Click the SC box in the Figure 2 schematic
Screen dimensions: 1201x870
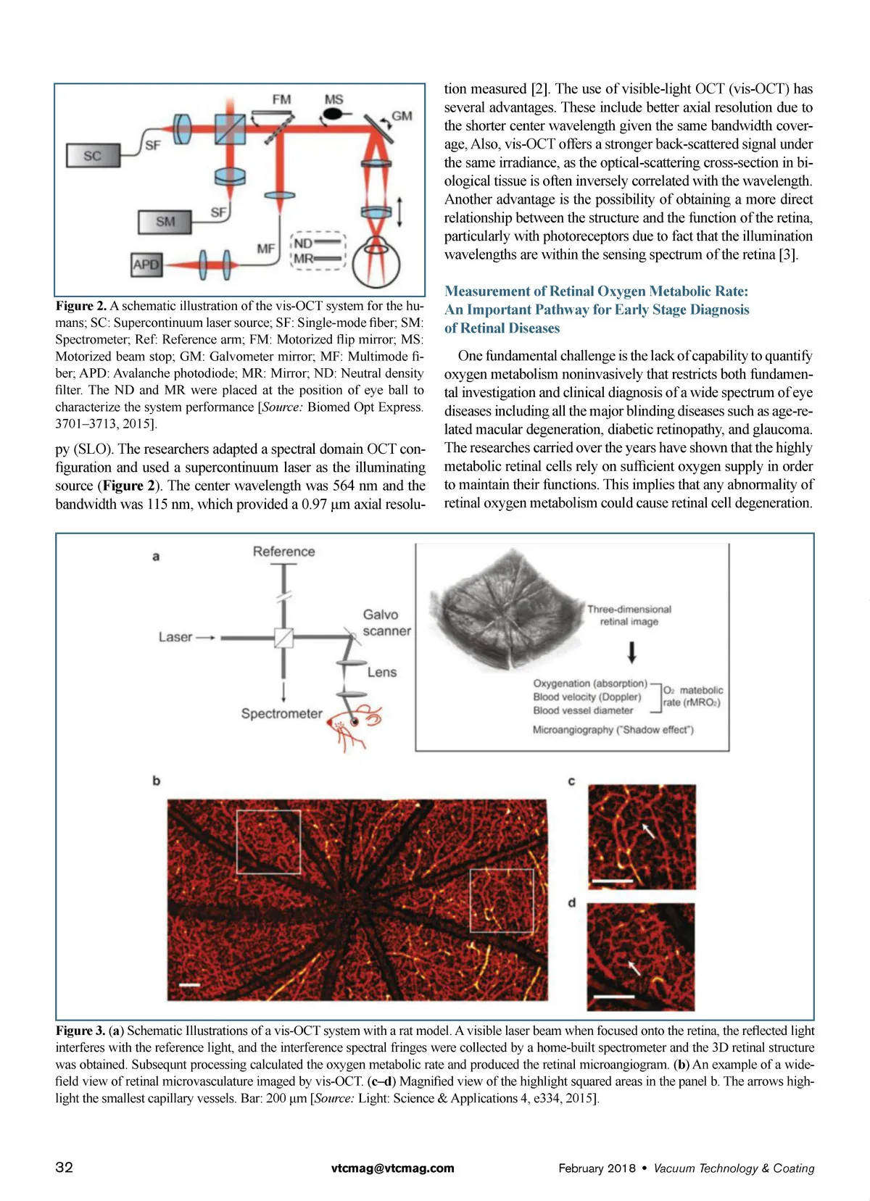click(x=92, y=156)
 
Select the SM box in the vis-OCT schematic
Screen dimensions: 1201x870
click(x=165, y=222)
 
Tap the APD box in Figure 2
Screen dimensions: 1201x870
click(x=146, y=265)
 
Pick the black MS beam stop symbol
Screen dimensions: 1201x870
click(x=333, y=114)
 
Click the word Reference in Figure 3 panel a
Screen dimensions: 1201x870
click(x=283, y=552)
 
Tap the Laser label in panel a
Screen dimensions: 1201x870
click(x=175, y=637)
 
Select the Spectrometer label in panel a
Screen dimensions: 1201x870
click(x=281, y=713)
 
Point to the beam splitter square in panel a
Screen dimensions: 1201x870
click(x=283, y=637)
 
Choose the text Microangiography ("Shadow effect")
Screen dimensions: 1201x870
click(x=613, y=730)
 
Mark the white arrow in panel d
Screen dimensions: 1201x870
click(x=634, y=967)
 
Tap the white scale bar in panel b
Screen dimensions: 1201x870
click(x=190, y=984)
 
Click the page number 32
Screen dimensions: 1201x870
click(x=64, y=1167)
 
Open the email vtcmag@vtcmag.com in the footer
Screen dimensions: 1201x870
click(x=392, y=1168)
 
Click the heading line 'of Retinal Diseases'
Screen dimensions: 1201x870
click(x=502, y=328)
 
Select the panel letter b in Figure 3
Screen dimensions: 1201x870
click(x=156, y=781)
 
